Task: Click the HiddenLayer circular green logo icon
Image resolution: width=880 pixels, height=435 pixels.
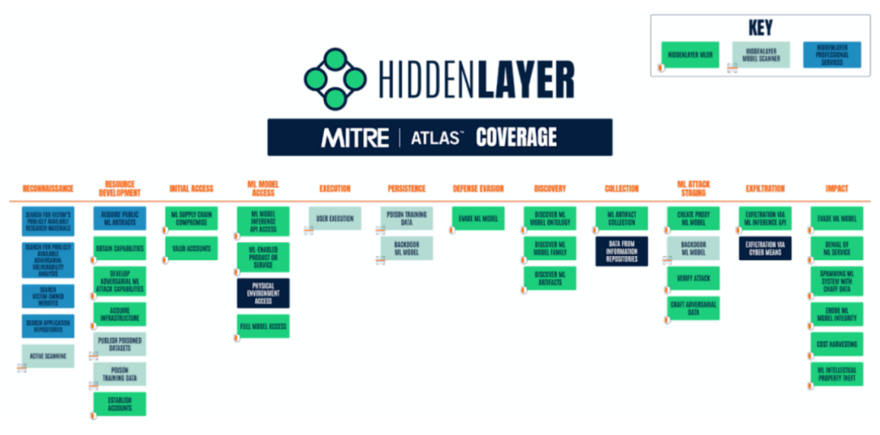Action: (335, 79)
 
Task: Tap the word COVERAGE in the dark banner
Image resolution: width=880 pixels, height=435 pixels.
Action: (516, 137)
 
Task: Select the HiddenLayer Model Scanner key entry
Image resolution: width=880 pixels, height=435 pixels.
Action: (761, 55)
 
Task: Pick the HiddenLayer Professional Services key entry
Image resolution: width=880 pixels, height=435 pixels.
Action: (832, 55)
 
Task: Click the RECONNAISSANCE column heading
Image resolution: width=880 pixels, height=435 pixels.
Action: (48, 188)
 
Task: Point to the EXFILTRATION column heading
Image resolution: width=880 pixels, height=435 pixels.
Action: (765, 188)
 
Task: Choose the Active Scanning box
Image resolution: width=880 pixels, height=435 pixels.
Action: (48, 356)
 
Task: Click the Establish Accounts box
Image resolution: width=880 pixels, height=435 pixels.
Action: (120, 404)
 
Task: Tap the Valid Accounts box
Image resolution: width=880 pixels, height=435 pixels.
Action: (191, 248)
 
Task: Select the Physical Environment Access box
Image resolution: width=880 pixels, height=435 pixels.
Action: (263, 293)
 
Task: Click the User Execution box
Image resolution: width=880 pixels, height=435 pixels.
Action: (335, 218)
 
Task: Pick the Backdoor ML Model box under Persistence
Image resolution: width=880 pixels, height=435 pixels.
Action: (406, 248)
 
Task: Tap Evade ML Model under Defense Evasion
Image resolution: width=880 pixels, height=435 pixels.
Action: (478, 218)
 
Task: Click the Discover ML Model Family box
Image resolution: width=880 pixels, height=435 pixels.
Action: (550, 248)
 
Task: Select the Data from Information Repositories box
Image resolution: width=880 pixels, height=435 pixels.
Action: (622, 251)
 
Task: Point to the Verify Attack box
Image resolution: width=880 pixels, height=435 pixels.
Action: (693, 279)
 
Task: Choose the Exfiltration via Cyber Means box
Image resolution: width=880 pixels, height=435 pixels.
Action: (765, 248)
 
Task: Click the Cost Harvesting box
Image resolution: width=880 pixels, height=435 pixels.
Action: (837, 344)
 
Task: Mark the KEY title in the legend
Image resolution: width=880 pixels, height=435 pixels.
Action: (761, 28)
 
